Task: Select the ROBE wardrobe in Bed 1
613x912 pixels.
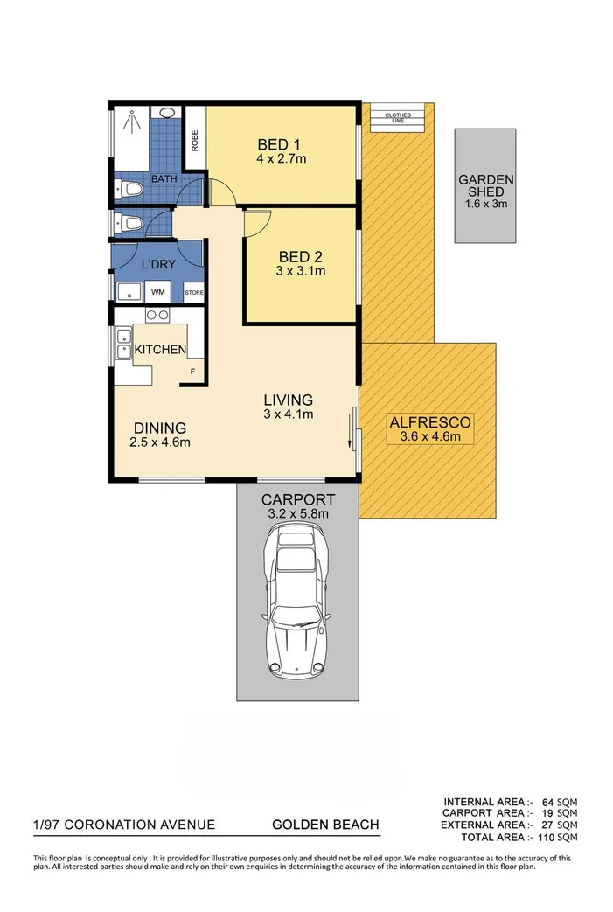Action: (195, 140)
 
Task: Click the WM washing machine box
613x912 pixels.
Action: (158, 292)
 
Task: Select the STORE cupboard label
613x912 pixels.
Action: (193, 293)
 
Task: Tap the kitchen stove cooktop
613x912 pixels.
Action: (157, 315)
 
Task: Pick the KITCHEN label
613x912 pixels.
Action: (159, 350)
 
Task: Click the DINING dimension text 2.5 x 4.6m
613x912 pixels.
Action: (161, 442)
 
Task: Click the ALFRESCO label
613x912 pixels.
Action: (429, 422)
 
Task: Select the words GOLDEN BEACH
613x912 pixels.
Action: (325, 825)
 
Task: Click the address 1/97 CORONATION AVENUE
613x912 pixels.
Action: (123, 825)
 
